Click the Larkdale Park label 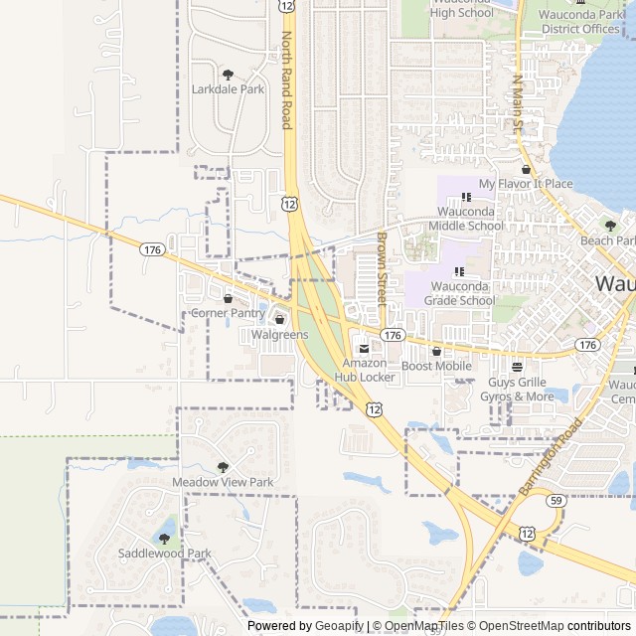click(x=228, y=89)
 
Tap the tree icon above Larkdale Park click(x=228, y=75)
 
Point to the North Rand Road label click(x=286, y=79)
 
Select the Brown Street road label click(x=382, y=268)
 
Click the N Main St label click(x=517, y=104)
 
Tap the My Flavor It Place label click(x=525, y=184)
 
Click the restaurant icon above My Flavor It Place click(x=525, y=170)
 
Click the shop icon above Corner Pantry click(x=228, y=298)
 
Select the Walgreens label click(x=279, y=335)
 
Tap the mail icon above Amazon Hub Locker click(x=363, y=349)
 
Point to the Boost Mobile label click(x=436, y=366)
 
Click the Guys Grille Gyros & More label click(x=517, y=389)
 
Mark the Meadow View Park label click(x=223, y=482)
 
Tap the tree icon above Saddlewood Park click(x=164, y=539)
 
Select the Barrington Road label click(x=550, y=458)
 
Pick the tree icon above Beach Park click(x=606, y=226)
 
